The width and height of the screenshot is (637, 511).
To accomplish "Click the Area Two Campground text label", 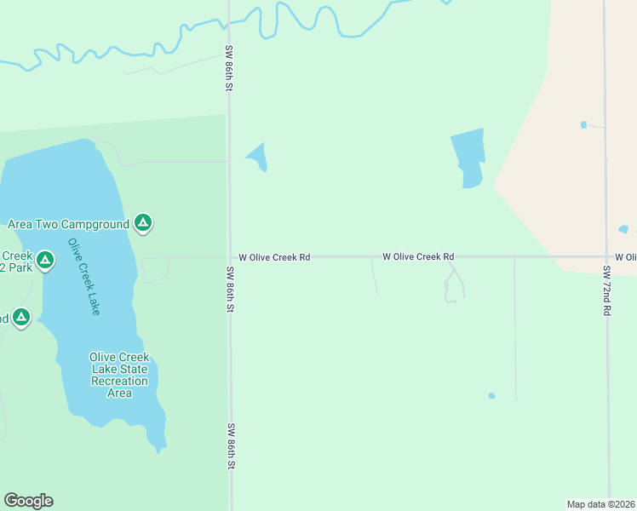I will [68, 224].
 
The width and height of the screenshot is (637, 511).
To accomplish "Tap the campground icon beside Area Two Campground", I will [143, 224].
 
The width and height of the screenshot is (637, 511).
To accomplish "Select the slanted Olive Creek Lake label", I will [84, 278].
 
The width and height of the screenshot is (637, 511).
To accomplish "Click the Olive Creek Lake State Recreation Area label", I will [119, 375].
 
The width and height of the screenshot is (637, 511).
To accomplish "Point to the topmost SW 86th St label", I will [229, 69].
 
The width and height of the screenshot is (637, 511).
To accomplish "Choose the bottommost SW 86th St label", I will [230, 447].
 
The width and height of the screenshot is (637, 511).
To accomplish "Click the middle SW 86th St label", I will [230, 290].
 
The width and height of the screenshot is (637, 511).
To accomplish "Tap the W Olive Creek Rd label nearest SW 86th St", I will [273, 256].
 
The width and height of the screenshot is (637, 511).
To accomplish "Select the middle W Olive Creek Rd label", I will [417, 256].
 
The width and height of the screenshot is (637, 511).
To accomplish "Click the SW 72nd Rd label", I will [607, 291].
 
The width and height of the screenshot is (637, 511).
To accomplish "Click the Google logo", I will [28, 501].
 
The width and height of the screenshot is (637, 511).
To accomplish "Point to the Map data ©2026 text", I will [601, 504].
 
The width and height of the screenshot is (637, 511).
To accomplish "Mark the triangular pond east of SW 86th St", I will [258, 157].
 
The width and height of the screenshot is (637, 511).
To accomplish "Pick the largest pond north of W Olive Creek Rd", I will [468, 157].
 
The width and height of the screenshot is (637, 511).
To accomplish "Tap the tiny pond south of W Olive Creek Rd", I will [491, 395].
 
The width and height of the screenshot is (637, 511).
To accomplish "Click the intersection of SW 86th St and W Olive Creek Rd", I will [229, 256].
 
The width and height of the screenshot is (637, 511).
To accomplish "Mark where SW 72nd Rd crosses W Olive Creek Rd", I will [606, 256].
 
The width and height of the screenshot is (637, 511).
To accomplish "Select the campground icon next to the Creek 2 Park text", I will [47, 258].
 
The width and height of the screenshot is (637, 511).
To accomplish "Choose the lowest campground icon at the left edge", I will [21, 319].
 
